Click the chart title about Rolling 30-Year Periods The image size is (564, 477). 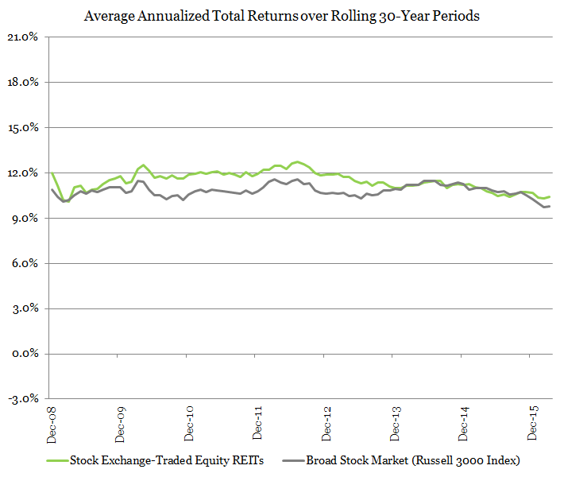click(282, 15)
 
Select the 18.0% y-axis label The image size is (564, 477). click(25, 83)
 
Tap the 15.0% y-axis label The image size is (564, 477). click(25, 128)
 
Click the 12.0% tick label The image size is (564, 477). click(25, 173)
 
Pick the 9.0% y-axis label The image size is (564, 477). click(25, 219)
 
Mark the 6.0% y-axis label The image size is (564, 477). click(25, 264)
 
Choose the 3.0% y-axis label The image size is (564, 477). click(25, 309)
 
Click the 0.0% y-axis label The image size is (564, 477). click(25, 355)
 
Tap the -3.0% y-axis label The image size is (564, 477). click(25, 400)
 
